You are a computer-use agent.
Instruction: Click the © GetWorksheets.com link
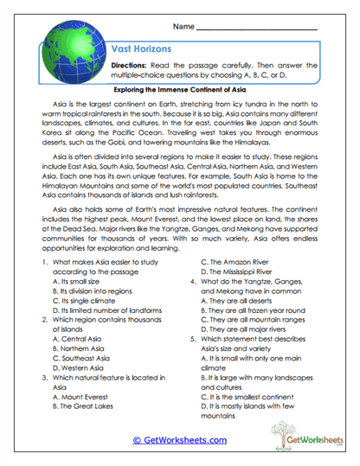[x=179, y=439]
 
